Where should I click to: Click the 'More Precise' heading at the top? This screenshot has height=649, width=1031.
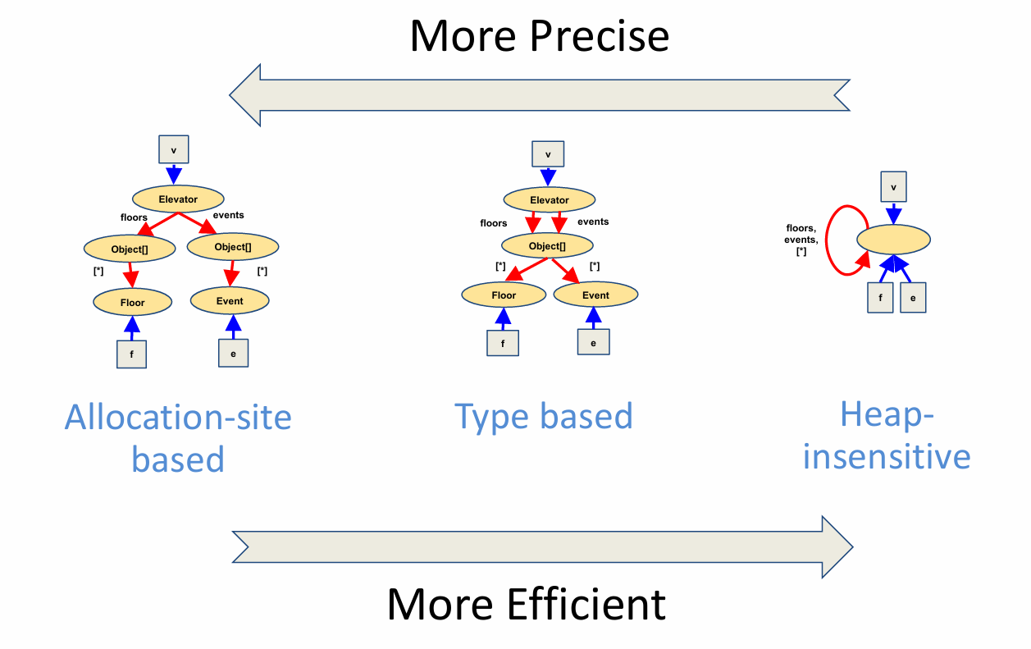click(x=539, y=37)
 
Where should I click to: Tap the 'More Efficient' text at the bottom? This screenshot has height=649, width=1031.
click(x=526, y=605)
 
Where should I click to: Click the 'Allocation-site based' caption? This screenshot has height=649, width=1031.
click(x=178, y=438)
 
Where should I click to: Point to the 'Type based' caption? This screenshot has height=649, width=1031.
click(x=544, y=417)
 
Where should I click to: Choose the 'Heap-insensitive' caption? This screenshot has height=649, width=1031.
click(x=887, y=436)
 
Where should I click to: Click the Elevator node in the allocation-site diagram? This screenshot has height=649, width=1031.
click(x=178, y=199)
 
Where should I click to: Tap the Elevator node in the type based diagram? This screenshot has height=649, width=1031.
click(x=549, y=199)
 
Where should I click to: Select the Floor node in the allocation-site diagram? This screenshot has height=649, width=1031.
click(x=132, y=302)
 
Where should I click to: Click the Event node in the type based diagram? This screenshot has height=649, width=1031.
click(x=595, y=295)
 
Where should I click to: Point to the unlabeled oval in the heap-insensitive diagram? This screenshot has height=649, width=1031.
click(x=893, y=240)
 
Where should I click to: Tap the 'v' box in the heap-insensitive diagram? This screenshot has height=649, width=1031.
click(x=893, y=186)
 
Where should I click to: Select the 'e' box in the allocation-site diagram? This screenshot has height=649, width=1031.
click(x=233, y=353)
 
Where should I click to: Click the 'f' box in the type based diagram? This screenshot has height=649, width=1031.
click(x=502, y=342)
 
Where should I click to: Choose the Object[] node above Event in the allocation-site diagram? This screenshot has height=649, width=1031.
click(x=233, y=247)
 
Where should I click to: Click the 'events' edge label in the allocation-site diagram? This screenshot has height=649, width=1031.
click(x=228, y=215)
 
